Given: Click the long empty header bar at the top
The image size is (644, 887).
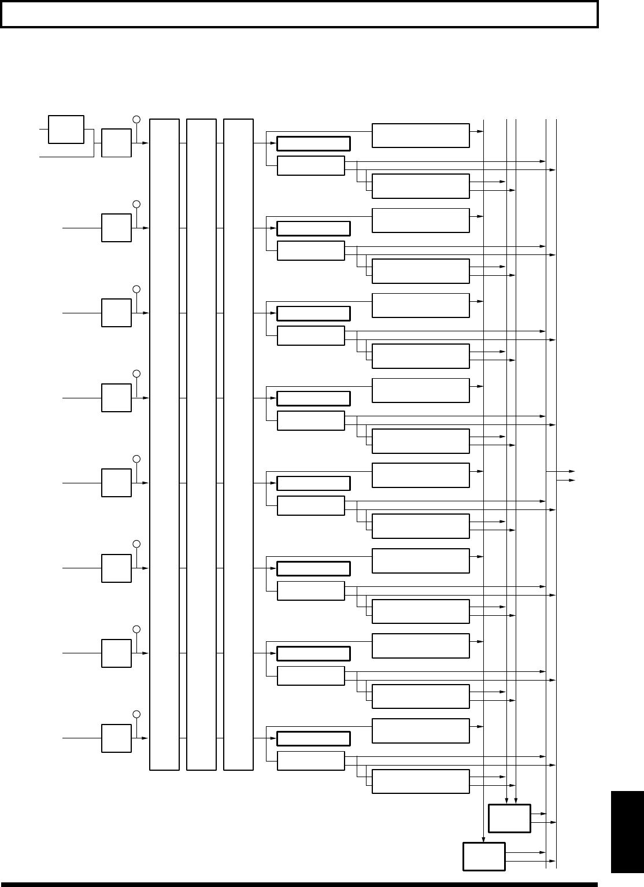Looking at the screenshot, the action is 299,14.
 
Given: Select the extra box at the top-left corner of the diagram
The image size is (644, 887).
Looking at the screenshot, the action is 66,129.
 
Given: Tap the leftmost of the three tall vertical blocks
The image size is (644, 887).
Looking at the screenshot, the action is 164,444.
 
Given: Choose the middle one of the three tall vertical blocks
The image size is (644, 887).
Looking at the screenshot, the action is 201,444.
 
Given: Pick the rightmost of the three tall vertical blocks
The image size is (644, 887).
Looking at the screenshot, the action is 238,444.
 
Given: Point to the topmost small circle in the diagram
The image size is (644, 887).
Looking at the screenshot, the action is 136,119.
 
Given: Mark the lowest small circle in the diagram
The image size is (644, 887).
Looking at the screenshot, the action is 136,714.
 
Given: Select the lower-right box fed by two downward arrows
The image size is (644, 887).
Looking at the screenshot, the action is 509,818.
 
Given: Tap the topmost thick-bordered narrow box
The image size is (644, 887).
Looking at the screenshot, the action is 313,143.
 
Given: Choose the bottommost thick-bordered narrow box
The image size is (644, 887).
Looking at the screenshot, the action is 313,738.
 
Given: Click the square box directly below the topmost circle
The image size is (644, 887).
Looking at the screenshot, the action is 116,142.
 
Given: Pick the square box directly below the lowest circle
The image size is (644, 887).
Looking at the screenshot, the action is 116,738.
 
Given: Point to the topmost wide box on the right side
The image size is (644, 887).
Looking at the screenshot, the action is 420,135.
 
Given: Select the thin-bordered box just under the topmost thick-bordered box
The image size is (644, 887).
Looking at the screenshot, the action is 311,165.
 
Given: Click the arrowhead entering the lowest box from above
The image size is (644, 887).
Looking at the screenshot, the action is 483,839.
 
